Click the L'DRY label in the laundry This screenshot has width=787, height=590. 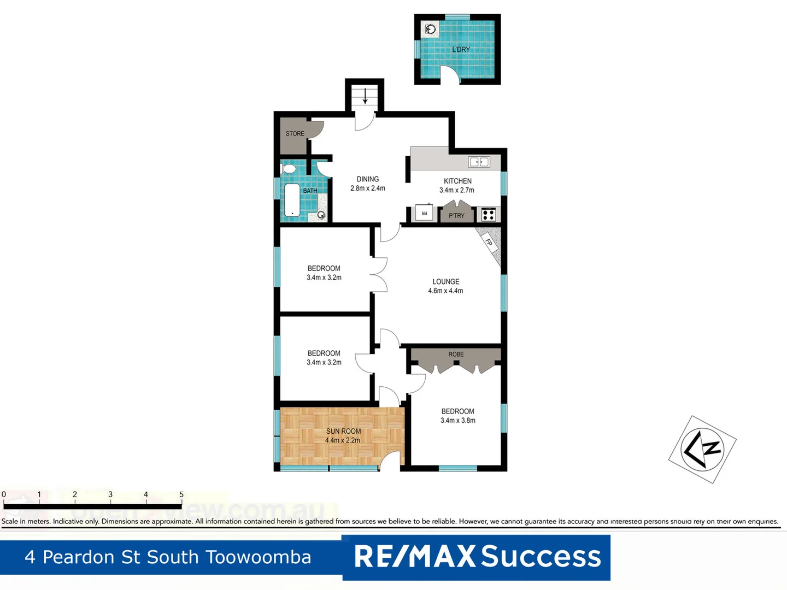461,49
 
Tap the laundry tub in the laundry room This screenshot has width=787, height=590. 431,29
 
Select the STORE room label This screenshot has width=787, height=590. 295,134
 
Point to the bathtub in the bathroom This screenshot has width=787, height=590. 292,200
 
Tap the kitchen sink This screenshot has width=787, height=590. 479,162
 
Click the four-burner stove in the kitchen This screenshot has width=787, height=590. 489,215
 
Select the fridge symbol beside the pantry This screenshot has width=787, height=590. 424,213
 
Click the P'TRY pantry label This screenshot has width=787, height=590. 456,216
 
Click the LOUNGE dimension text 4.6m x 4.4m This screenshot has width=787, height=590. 445,291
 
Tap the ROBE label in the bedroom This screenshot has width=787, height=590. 456,355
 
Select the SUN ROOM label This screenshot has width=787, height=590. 343,432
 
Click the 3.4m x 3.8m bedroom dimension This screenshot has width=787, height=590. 458,421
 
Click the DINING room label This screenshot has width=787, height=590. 368,179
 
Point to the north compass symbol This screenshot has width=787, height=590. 703,449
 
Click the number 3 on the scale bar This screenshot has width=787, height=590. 110,494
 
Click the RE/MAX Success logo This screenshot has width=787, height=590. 477,557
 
